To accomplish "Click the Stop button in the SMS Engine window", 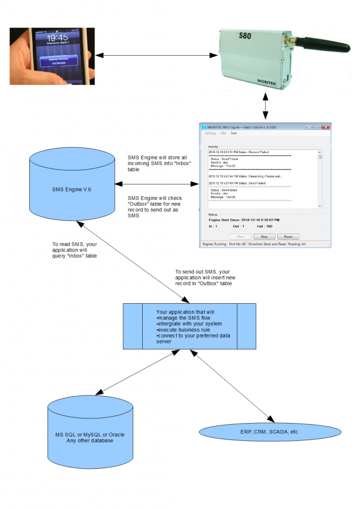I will click(265, 237).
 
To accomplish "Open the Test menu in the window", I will click(233, 133).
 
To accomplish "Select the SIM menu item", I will click(223, 133).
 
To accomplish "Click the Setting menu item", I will click(210, 133).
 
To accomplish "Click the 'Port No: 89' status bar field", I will click(238, 244).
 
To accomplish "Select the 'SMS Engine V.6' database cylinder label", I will click(72, 189).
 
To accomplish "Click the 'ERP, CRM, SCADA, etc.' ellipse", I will click(270, 431).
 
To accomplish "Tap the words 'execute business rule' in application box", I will click(182, 330).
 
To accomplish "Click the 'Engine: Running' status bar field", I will click(214, 244).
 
